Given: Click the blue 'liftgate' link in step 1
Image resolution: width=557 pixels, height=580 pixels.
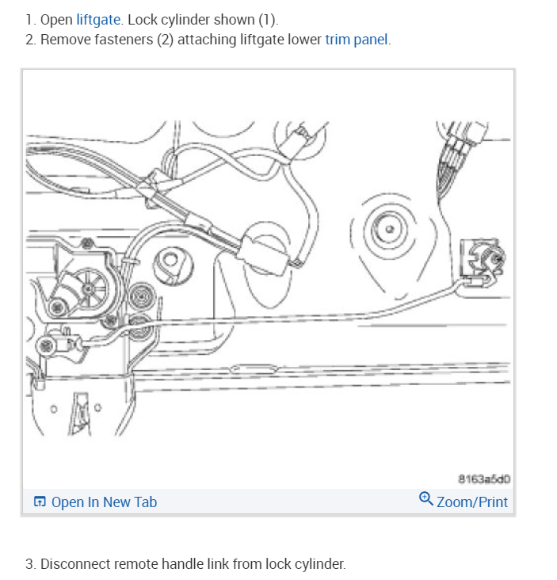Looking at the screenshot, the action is pyautogui.click(x=98, y=20).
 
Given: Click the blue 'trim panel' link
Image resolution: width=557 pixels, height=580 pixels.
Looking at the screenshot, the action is pyautogui.click(x=357, y=40).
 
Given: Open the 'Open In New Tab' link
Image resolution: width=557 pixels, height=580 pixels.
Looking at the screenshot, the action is pyautogui.click(x=104, y=502).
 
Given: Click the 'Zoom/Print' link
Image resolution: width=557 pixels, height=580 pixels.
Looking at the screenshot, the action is pyautogui.click(x=472, y=502).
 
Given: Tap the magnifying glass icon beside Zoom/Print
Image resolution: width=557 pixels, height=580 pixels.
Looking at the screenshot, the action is pyautogui.click(x=425, y=498).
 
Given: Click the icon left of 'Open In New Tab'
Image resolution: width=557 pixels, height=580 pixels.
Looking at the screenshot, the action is pyautogui.click(x=40, y=502).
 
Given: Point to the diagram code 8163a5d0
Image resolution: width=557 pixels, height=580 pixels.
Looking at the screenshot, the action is pyautogui.click(x=484, y=479).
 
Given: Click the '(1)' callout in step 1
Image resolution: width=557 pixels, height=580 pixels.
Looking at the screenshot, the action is pyautogui.click(x=267, y=20).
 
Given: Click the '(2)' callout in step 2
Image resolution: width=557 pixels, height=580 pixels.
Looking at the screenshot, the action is pyautogui.click(x=166, y=40).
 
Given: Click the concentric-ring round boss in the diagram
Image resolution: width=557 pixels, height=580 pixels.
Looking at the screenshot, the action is pyautogui.click(x=389, y=229).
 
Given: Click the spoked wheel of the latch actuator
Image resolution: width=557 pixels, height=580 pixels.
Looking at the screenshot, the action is pyautogui.click(x=89, y=288).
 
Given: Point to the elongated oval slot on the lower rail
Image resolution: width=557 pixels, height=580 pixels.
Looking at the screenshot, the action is pyautogui.click(x=254, y=368).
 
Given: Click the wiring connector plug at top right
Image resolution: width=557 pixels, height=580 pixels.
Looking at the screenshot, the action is pyautogui.click(x=464, y=137).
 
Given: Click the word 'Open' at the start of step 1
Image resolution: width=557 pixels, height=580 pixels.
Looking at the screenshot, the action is pyautogui.click(x=56, y=20).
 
